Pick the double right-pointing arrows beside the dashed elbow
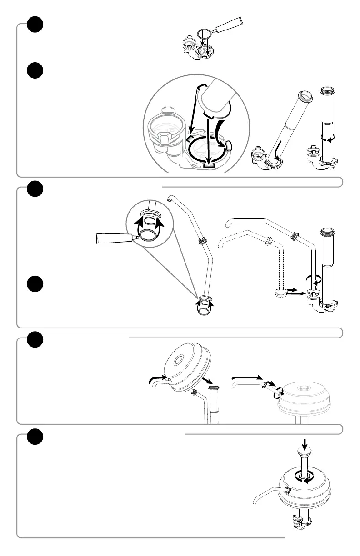pyautogui.click(x=293, y=291)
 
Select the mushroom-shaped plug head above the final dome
pyautogui.click(x=305, y=451)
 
